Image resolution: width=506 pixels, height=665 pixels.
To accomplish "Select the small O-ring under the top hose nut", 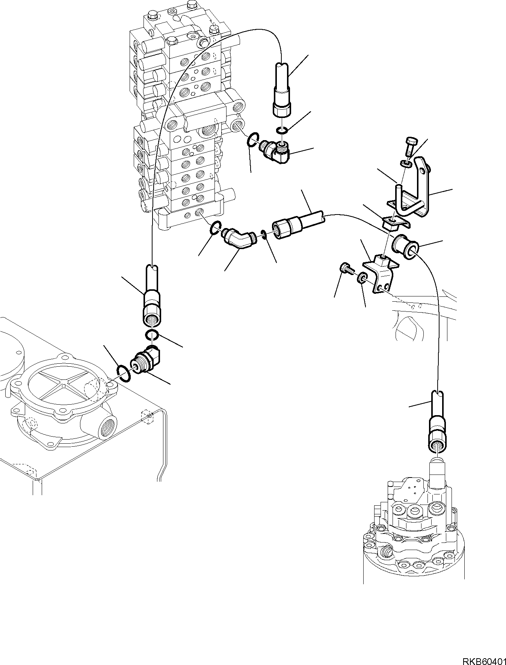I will [282, 130].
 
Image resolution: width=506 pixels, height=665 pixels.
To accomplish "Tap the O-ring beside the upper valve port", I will [253, 140].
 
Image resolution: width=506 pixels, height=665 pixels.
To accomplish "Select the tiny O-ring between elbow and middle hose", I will [264, 235].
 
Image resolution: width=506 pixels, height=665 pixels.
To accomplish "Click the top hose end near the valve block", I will [281, 97].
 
